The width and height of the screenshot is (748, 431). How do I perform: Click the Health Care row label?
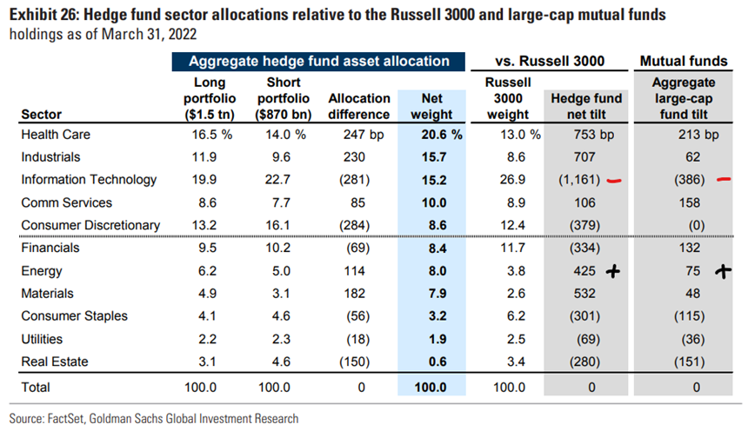pos(56,135)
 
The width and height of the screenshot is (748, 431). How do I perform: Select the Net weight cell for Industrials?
pos(434,157)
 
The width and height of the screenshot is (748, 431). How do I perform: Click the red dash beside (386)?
pos(724,179)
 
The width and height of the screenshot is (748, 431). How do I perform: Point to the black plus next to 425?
pos(613,272)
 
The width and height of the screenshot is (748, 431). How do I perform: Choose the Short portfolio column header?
pos(284,98)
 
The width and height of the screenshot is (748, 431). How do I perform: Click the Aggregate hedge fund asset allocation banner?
pos(318,62)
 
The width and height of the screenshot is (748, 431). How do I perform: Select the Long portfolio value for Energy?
pos(207,271)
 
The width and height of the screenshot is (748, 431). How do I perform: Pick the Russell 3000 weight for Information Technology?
pos(512,180)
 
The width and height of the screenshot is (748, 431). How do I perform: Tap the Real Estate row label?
pos(55,361)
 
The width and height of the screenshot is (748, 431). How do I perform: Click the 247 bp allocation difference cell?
pos(363,135)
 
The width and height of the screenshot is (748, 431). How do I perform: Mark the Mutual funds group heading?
pos(683,61)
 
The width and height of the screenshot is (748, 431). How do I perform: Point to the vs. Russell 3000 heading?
pos(550,61)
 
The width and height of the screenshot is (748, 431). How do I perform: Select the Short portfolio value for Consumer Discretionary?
pos(277,225)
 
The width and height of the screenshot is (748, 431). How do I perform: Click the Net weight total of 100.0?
pos(431,388)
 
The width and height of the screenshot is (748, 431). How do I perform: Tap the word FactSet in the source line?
pos(66,419)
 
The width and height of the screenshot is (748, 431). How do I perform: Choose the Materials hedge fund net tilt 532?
pos(584,293)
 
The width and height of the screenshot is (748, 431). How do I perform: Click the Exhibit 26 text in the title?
pos(43,15)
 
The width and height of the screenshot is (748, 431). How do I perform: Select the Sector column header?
pos(42,115)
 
